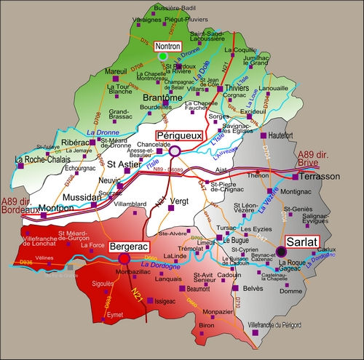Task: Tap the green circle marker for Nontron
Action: pos(163,55)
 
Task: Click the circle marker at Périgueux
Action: pos(175,151)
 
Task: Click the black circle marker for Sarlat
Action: pos(281,252)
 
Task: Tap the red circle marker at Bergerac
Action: pos(124,258)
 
